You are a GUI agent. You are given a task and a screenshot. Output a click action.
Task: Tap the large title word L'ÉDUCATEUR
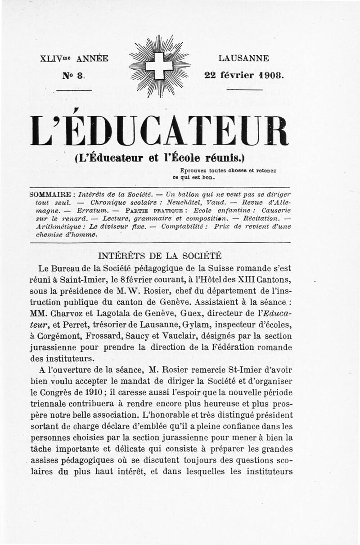pos(159,131)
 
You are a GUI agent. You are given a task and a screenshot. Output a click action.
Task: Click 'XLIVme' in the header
pos(56,59)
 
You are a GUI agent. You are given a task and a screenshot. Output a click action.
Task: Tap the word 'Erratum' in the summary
pos(92,211)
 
